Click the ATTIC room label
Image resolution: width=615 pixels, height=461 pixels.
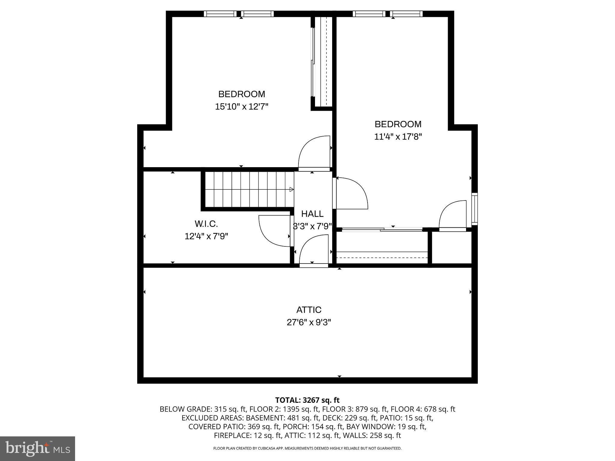(309, 310)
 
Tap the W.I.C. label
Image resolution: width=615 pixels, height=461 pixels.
(206, 224)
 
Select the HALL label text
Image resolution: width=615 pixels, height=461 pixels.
(312, 214)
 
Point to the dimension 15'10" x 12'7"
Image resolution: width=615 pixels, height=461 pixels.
(241, 107)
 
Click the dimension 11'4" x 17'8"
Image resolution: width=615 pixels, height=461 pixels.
(398, 137)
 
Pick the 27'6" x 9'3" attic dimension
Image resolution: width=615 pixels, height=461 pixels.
(309, 322)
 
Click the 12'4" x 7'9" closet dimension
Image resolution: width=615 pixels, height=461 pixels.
(206, 236)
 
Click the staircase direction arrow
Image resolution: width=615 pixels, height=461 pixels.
(291, 189)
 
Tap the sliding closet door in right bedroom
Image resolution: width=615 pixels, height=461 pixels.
(382, 230)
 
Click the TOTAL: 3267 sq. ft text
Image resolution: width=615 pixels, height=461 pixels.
(307, 400)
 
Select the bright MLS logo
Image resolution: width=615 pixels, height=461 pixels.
(37, 448)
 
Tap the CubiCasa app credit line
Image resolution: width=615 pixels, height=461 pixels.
(307, 448)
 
